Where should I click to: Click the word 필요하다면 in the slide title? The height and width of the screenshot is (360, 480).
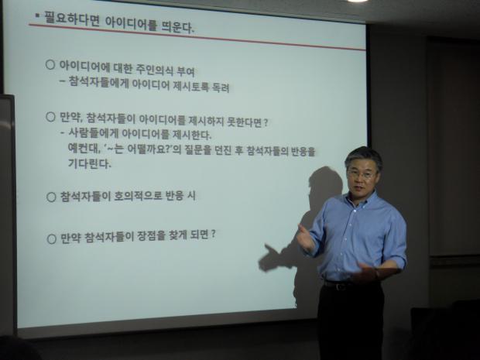coord(72,19)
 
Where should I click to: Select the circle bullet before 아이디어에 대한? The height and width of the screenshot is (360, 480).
coord(50,65)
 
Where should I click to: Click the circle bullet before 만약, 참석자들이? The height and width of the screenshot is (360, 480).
coord(50,117)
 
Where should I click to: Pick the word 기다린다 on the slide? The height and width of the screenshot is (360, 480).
coord(89,163)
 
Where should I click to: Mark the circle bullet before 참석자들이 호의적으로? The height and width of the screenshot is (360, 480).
coord(51,197)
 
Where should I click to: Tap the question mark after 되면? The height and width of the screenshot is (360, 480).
coord(214,234)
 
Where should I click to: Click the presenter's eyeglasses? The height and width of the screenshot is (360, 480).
coord(362,174)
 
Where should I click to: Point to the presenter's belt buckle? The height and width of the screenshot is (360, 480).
coord(339,286)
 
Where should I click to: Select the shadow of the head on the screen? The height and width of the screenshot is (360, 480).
coord(325,183)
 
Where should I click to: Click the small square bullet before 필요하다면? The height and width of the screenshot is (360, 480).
coord(37,15)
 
